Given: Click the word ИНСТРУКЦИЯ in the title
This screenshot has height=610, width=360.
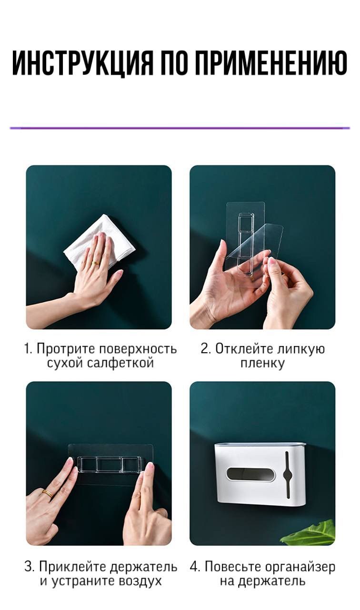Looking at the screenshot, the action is coord(83,63).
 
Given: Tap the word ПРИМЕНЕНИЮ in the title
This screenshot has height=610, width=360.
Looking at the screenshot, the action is coord(271,63).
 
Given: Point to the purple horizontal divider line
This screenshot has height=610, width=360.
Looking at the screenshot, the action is coord(180,128).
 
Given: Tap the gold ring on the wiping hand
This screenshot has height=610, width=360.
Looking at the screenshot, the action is coord(96,263).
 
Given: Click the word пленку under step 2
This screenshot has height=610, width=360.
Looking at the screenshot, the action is coord(262,364).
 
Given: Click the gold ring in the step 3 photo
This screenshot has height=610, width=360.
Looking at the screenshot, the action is coord(47,493).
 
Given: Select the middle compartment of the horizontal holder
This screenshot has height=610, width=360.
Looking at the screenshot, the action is coord(109,464).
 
